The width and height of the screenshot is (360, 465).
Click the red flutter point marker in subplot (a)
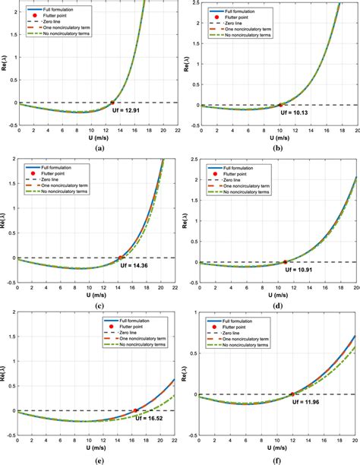pos(112,103)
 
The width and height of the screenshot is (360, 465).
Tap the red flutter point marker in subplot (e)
pos(135,411)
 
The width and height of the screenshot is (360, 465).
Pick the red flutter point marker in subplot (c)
pos(121,258)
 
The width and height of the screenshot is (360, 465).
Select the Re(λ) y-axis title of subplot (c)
pos(6,220)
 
